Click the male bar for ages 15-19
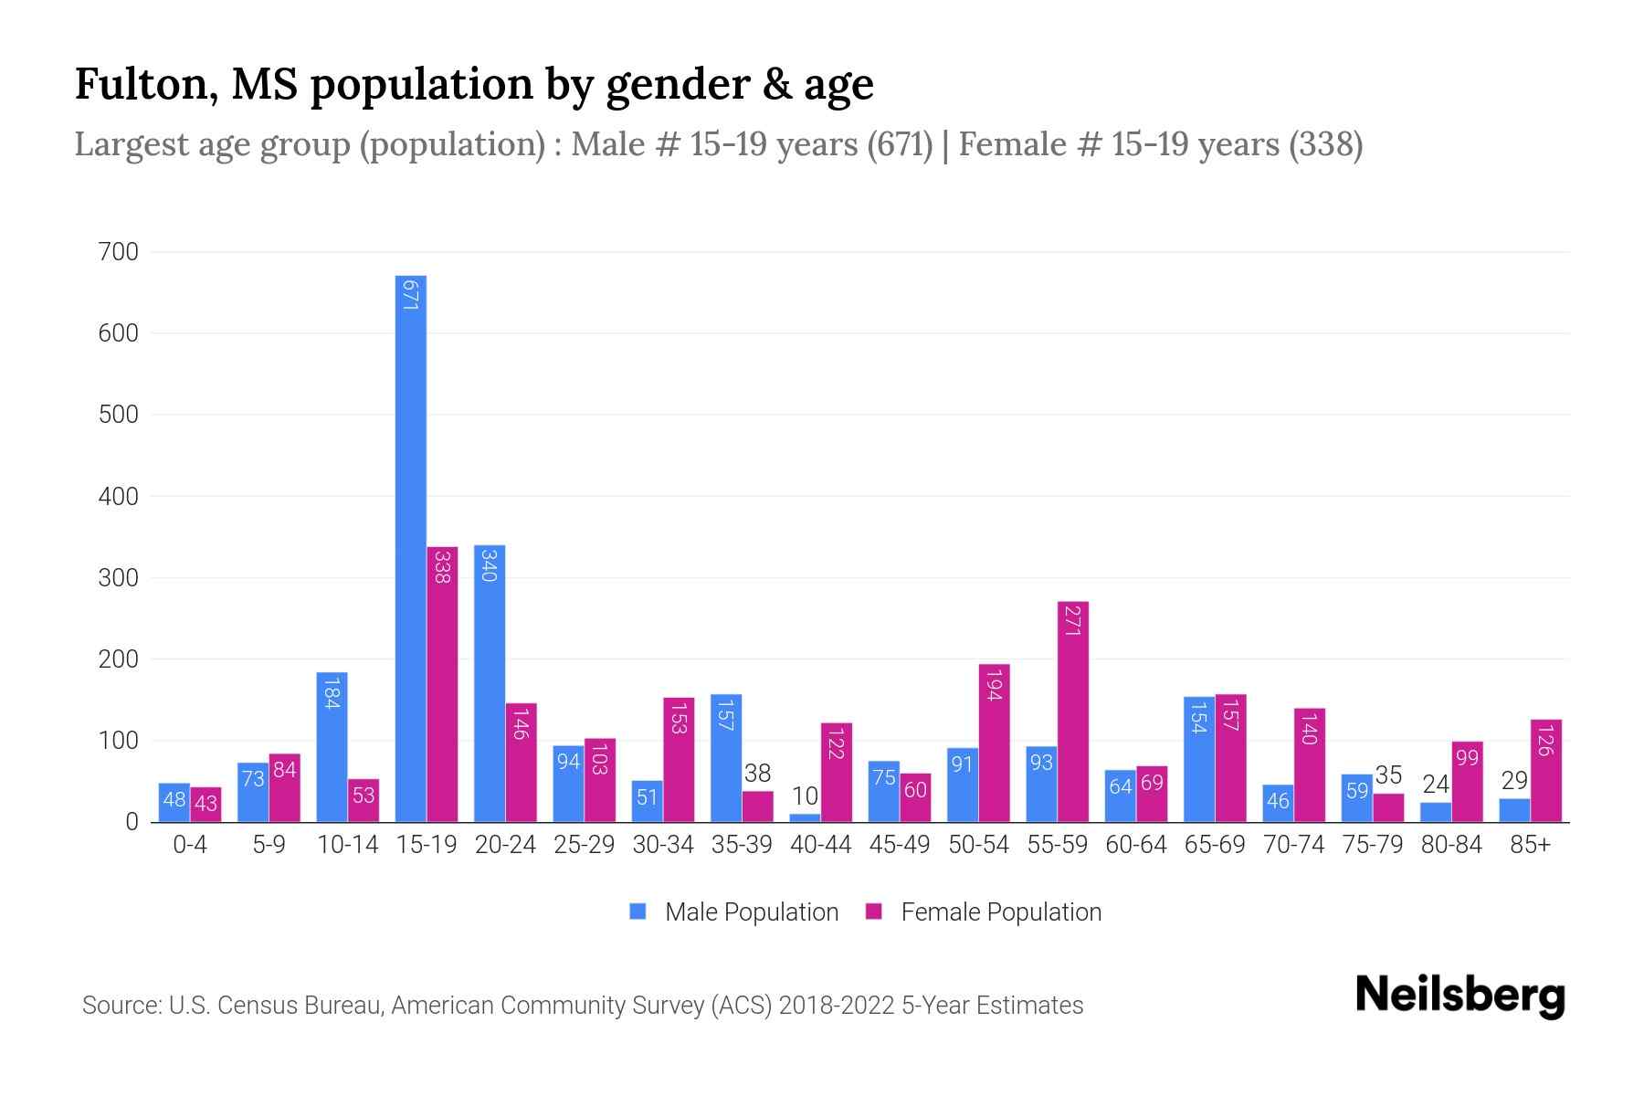(411, 548)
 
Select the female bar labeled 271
(1073, 712)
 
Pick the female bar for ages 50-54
(995, 743)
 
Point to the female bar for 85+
(1545, 771)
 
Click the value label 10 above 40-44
(805, 796)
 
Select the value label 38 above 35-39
(757, 774)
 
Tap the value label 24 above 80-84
(1436, 785)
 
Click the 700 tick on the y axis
(118, 252)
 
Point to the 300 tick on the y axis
(118, 578)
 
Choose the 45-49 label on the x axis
(899, 845)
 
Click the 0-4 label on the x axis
(190, 845)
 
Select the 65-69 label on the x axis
(1215, 845)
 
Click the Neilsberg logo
(1460, 996)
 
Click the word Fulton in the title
(145, 85)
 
